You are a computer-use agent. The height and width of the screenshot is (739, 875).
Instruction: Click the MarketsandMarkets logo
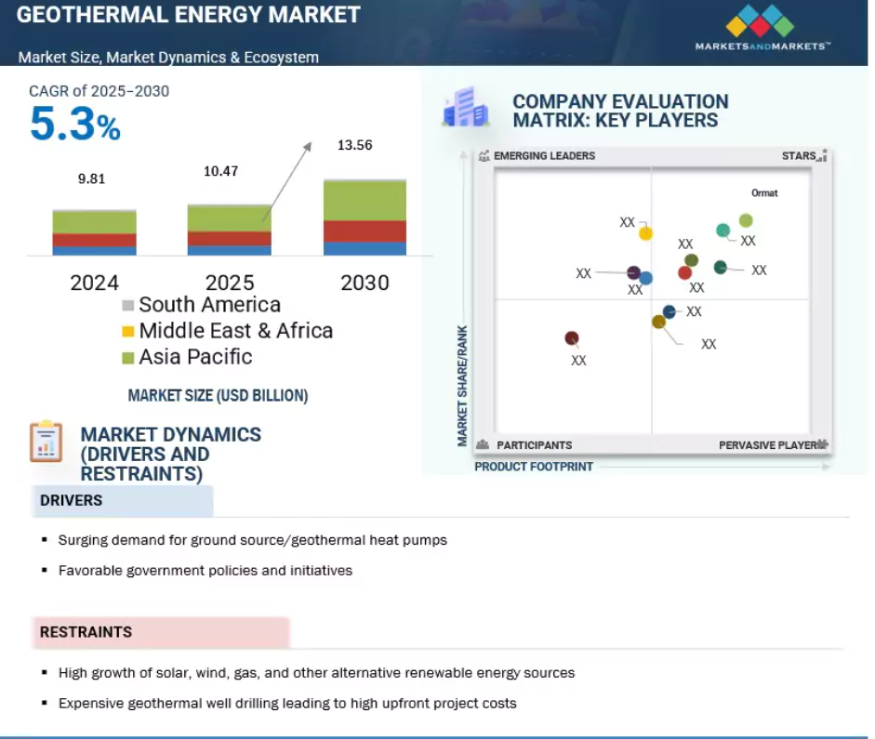(762, 27)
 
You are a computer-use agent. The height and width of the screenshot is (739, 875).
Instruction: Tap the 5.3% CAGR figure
(74, 124)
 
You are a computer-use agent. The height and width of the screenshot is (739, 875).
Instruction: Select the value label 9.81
(91, 178)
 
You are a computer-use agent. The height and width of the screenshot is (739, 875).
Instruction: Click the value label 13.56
(355, 145)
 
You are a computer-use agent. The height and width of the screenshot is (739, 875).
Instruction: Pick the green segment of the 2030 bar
(365, 200)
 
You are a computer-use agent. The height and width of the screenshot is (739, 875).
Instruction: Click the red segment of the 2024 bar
(94, 240)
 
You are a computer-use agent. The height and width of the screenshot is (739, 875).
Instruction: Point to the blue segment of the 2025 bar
(230, 250)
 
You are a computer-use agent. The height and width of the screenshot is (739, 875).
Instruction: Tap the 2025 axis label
(230, 283)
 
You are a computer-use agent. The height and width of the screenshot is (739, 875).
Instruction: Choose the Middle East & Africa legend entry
(228, 331)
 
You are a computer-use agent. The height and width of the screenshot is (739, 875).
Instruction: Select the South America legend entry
(202, 305)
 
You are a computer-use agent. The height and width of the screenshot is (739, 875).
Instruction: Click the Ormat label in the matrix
(764, 193)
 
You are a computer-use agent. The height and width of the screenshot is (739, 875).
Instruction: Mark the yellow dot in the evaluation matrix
(645, 233)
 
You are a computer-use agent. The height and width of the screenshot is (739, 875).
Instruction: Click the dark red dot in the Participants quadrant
(572, 338)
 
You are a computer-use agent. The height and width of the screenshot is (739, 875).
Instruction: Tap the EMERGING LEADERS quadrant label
(544, 155)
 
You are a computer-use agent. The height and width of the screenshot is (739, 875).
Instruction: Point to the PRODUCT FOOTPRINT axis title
(534, 467)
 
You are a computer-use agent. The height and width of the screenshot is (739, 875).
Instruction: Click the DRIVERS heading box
(122, 500)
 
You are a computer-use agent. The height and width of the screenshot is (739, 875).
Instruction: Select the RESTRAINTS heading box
(161, 632)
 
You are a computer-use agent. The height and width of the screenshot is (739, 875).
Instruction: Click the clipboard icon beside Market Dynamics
(46, 442)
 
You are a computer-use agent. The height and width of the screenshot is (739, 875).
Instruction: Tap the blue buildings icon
(466, 107)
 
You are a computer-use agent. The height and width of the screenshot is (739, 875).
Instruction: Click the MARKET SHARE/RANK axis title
(462, 386)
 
